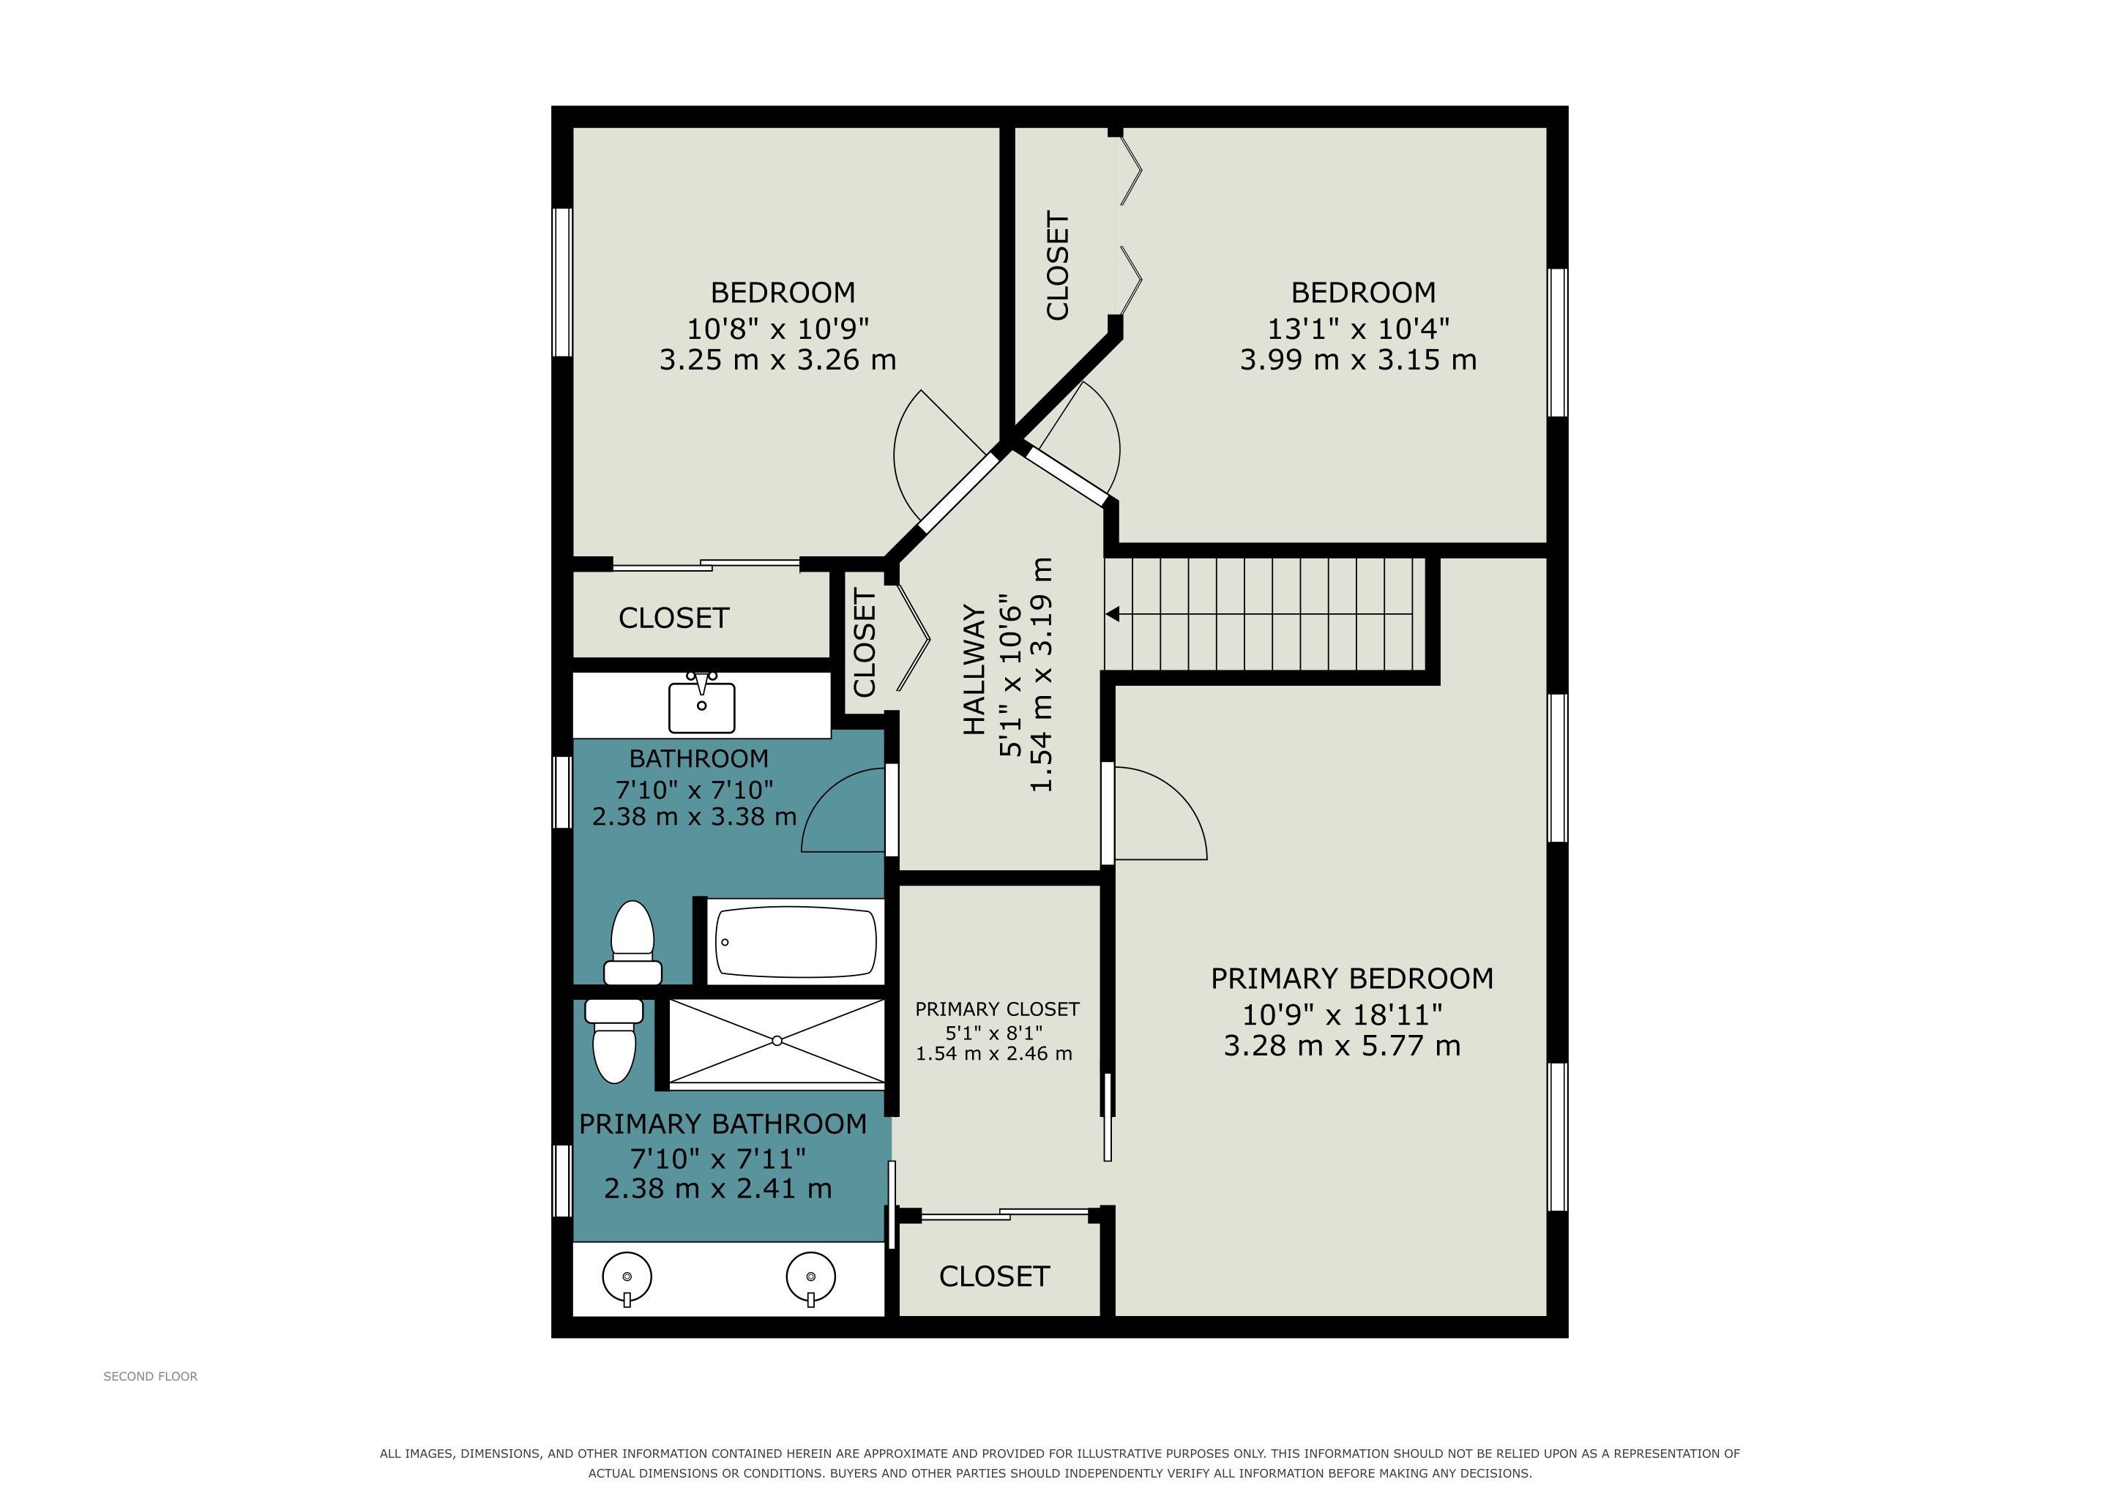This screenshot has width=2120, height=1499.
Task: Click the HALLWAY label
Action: pos(975,670)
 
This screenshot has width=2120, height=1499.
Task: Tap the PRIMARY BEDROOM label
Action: pos(1352,979)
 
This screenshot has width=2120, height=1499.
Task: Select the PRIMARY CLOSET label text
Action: pos(997,1009)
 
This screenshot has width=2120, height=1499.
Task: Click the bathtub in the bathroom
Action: pos(796,941)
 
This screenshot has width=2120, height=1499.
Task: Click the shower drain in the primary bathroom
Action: pos(777,1042)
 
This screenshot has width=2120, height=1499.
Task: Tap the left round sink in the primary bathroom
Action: pos(627,1279)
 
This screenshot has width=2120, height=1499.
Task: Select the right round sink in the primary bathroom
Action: pos(810,1279)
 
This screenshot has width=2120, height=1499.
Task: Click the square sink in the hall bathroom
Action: pos(702,703)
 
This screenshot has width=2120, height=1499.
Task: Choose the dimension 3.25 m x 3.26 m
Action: pos(777,359)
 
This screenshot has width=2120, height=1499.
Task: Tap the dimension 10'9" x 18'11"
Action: pos(1343,1015)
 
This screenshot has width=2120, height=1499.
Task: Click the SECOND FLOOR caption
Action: pos(151,1376)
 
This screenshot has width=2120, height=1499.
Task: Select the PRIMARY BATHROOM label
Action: pos(723,1124)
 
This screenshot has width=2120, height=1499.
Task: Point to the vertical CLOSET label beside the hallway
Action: pos(865,643)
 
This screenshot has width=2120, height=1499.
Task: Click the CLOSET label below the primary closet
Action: pos(994,1276)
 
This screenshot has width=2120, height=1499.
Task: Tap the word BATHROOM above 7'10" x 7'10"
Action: pos(699,759)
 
